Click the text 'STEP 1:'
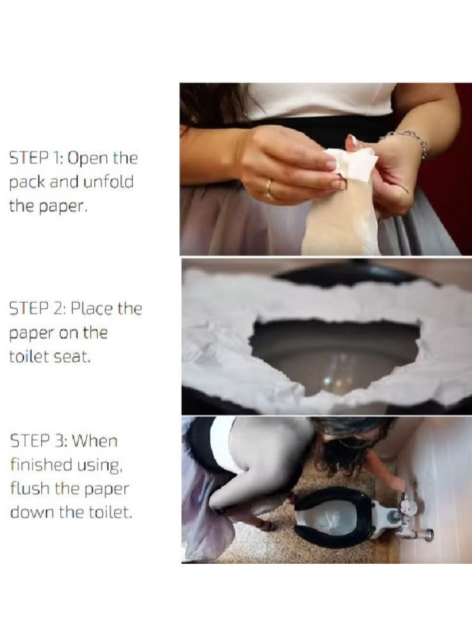click(36, 158)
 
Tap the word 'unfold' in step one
click(109, 182)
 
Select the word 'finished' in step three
click(35, 465)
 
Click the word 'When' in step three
click(94, 441)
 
